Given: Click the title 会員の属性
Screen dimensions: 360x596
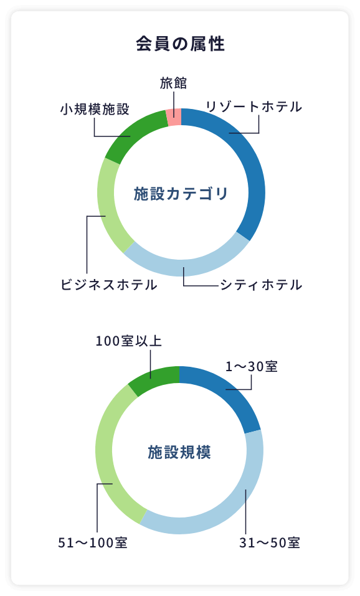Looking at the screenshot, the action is (180, 44).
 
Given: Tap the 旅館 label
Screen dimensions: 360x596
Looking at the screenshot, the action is (173, 83).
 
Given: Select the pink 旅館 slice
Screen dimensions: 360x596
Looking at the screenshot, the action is (174, 117).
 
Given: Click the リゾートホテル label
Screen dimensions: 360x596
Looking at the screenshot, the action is (254, 106).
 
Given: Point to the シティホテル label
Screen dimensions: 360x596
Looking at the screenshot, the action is (261, 285).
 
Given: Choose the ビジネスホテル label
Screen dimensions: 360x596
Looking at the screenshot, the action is (109, 285).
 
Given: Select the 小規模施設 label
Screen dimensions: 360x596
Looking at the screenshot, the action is (95, 110).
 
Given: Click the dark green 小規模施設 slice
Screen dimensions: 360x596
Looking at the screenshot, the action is (133, 131).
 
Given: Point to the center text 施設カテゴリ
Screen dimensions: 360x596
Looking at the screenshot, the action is (181, 194).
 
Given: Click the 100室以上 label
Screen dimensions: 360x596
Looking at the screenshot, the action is (128, 341).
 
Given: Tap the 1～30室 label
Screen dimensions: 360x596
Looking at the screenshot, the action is (252, 367).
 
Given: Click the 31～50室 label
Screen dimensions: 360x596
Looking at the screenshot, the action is (270, 543).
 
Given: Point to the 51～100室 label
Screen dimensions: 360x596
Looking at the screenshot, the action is (93, 543).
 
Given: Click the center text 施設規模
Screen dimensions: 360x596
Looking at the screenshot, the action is (179, 452).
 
